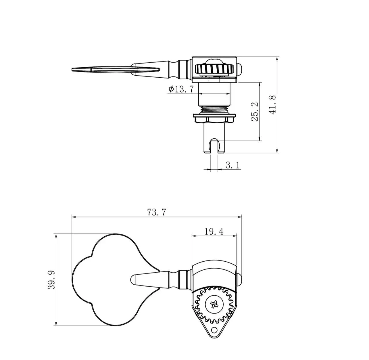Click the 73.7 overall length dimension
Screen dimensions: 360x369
coord(157,212)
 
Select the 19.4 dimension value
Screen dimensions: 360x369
coord(214,231)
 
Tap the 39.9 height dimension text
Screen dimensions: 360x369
coord(52,279)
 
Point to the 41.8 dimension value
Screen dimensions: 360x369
coord(272,105)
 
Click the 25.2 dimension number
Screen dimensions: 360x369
coord(255,112)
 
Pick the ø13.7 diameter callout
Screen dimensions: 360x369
coord(181,89)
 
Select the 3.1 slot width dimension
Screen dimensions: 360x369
coord(232,165)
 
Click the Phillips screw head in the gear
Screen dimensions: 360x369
coord(214,304)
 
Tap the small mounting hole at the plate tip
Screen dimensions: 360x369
coord(214,330)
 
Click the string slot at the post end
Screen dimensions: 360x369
coord(214,145)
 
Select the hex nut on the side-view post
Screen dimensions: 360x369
coord(214,118)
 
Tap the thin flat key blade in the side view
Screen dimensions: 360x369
coord(115,70)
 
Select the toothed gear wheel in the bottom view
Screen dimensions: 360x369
coord(214,304)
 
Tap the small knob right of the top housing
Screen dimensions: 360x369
coord(240,69)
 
